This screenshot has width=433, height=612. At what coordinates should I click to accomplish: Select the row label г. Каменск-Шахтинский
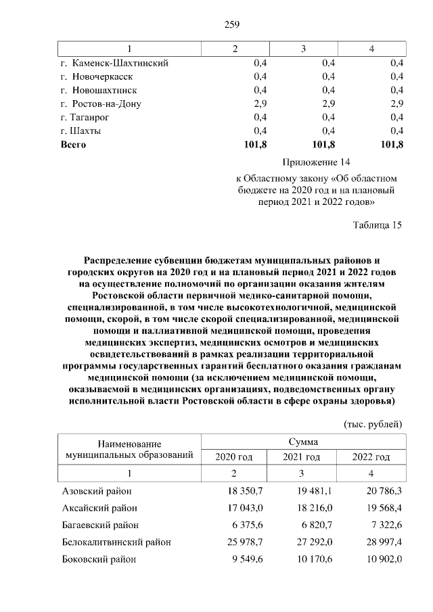pos(114,63)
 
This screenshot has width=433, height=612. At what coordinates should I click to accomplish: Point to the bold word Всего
pos(74,144)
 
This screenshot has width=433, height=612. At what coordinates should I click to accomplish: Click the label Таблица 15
pos(378,226)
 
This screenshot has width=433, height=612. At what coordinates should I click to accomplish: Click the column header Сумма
pos(304,442)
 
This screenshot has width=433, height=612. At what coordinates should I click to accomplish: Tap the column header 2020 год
pos(233,457)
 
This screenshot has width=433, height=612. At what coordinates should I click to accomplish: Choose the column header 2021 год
pos(302,457)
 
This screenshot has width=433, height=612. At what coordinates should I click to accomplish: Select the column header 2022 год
pos(371,457)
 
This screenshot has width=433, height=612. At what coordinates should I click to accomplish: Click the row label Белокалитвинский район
pos(116,542)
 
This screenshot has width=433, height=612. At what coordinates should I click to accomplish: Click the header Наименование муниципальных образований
pos(130,449)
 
